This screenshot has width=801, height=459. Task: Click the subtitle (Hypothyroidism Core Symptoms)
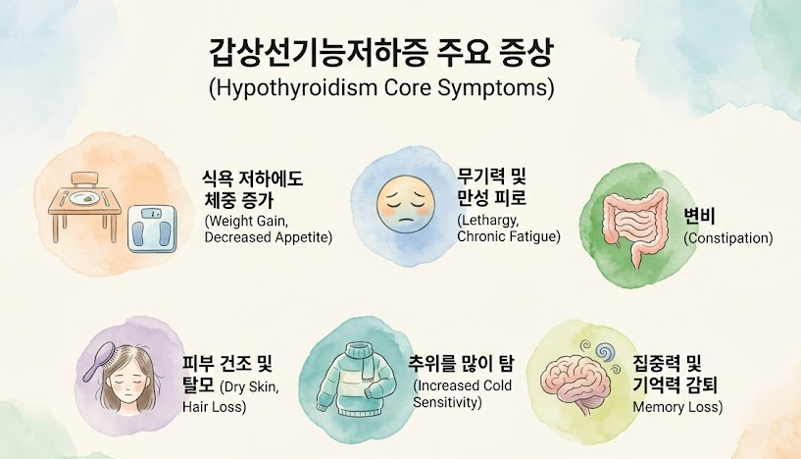381,87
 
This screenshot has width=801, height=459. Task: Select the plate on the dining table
89,196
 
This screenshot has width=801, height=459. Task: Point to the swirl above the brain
599,350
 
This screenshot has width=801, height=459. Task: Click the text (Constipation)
727,238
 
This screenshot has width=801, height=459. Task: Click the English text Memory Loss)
677,407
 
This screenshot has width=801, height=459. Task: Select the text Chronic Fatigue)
509,236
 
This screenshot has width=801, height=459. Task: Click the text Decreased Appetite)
268,237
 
